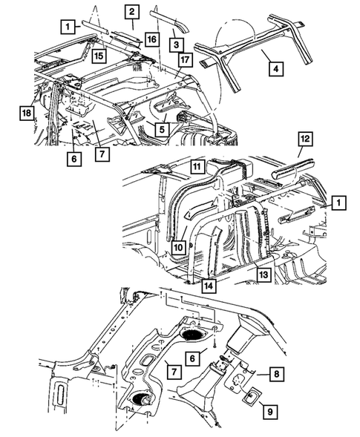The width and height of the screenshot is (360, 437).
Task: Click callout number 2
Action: [x=131, y=11]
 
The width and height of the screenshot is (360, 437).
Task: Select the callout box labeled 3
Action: [x=176, y=44]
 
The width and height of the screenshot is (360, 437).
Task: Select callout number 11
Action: [x=196, y=168]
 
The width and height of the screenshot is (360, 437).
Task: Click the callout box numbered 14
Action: [x=209, y=284]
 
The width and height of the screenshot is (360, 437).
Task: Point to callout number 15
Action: [x=98, y=55]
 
